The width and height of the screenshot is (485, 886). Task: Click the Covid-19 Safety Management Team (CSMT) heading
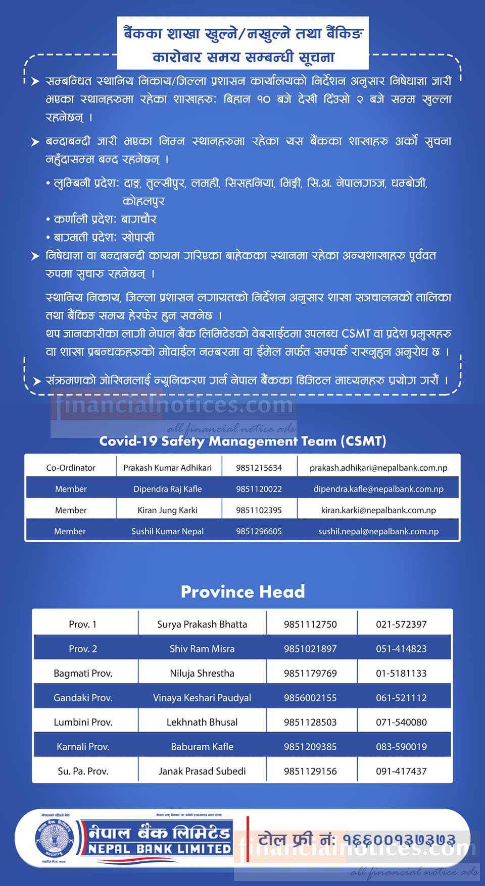tap(243, 441)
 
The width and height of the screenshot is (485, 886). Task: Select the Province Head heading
tap(243, 592)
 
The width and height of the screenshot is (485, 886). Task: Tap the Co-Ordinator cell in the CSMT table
tap(71, 468)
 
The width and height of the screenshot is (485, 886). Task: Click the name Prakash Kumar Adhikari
tap(167, 468)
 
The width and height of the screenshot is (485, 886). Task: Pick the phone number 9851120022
tap(259, 489)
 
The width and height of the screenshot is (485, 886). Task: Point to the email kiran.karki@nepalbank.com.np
tap(378, 510)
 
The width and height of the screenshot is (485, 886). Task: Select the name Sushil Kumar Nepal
tap(167, 531)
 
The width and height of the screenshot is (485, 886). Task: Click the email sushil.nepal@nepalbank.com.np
tap(378, 531)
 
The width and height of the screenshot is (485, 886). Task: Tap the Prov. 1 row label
tap(83, 624)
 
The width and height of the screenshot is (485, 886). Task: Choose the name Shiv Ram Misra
tap(202, 649)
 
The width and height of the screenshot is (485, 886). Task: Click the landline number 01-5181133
tap(401, 673)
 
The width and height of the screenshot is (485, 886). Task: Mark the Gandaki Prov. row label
tap(83, 698)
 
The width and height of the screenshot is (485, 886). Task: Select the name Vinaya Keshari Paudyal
tap(202, 698)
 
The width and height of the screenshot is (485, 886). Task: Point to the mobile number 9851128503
tap(310, 722)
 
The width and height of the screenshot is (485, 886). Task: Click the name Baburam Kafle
tap(202, 747)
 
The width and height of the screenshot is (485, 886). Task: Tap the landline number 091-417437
tap(401, 771)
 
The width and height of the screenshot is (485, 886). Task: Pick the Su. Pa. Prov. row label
tap(83, 771)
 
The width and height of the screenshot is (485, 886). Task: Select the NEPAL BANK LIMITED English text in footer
tap(160, 849)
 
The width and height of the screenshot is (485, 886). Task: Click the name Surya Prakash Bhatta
tap(202, 624)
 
